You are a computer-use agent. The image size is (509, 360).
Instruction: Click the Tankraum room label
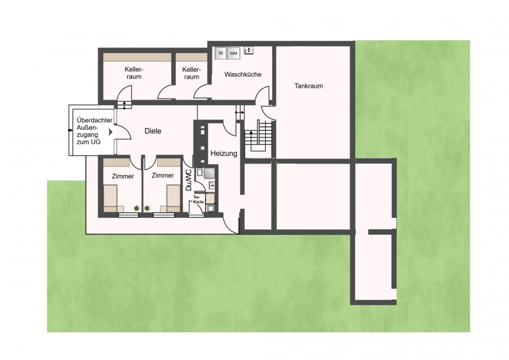tap(308, 86)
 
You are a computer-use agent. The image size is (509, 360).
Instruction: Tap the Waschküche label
tap(243, 74)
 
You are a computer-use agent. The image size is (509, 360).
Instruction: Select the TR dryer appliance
tap(221, 53)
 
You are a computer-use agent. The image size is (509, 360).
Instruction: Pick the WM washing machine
tap(234, 53)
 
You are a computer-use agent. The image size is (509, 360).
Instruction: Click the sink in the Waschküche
tap(249, 50)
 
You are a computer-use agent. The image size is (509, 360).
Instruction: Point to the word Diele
tap(153, 131)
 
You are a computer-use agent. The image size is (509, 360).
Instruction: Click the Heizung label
tap(224, 153)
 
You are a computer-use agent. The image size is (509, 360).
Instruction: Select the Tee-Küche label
tap(199, 199)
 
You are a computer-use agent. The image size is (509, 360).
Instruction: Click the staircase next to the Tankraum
tap(258, 136)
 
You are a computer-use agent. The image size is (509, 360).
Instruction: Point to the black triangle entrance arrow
tap(111, 132)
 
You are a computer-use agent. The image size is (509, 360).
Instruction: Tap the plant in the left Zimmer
tap(136, 208)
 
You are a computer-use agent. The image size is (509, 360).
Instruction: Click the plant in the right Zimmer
tap(147, 208)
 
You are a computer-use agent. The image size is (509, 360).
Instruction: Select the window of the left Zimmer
tap(128, 215)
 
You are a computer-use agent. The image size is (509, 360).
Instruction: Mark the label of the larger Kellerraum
tap(134, 73)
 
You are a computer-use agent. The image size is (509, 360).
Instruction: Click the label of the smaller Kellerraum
tap(192, 73)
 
